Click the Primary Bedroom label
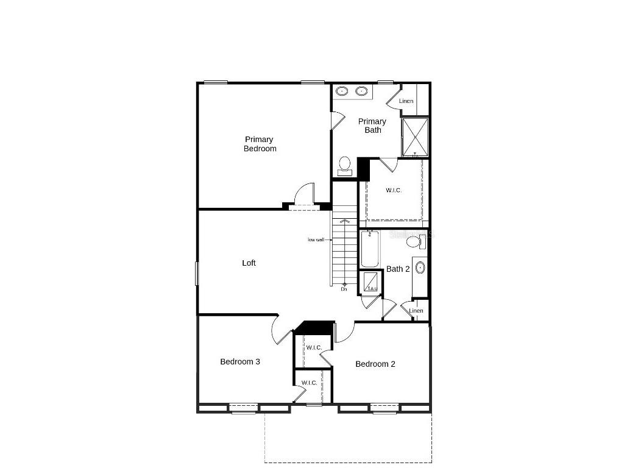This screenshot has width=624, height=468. pyautogui.click(x=260, y=144)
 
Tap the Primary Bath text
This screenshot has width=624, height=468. pyautogui.click(x=372, y=126)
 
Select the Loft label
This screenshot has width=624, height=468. pyautogui.click(x=249, y=263)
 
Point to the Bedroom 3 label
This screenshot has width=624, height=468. pyautogui.click(x=240, y=361)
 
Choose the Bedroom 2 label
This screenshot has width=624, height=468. pyautogui.click(x=375, y=364)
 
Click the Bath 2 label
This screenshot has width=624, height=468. pyautogui.click(x=398, y=269)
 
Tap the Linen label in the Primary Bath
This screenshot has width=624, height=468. pyautogui.click(x=406, y=101)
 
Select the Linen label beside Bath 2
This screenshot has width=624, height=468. pyautogui.click(x=416, y=311)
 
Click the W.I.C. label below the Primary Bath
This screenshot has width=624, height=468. pyautogui.click(x=394, y=190)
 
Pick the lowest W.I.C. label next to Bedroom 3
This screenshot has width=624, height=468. pyautogui.click(x=309, y=383)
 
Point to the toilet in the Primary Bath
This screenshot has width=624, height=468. pyautogui.click(x=345, y=165)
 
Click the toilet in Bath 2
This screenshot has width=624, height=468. pyautogui.click(x=415, y=242)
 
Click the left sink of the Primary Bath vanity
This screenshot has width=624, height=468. pyautogui.click(x=342, y=91)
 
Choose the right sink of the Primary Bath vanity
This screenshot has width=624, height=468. pyautogui.click(x=361, y=91)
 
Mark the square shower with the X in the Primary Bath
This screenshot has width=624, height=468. pyautogui.click(x=414, y=137)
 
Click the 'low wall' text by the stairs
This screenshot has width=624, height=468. pyautogui.click(x=316, y=239)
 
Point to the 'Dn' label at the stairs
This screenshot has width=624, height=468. pyautogui.click(x=344, y=289)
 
